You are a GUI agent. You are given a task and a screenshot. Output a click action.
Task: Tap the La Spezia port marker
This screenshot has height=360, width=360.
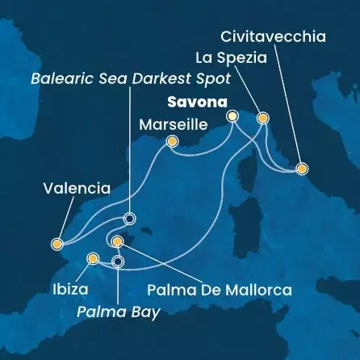262,118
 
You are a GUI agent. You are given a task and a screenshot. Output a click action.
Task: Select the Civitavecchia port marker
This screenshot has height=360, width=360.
302,169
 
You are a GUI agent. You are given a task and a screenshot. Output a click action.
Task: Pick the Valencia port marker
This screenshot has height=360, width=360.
57,243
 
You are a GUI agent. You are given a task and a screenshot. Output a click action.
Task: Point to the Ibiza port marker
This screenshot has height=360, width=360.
93,259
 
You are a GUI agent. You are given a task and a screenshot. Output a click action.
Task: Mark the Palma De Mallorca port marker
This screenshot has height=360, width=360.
118,242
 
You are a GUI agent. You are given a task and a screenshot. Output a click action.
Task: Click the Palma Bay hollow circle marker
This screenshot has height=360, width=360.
118,262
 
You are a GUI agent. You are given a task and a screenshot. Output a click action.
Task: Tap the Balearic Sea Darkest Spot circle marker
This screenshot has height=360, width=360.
128,218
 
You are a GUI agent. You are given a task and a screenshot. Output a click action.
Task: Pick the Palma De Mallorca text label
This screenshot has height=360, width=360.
220,288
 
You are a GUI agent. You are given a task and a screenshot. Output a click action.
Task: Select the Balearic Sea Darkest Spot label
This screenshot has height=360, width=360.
130,79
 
